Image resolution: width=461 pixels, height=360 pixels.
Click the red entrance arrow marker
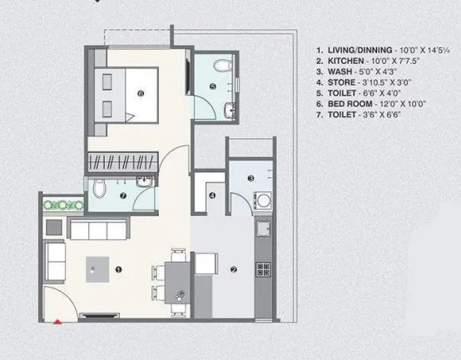click(57, 320)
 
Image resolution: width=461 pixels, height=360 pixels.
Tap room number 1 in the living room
click(119, 269)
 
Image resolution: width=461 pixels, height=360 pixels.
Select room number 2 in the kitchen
click(233, 269)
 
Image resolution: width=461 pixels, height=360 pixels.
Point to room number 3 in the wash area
click(250, 179)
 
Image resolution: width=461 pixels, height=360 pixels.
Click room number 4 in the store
click(212, 196)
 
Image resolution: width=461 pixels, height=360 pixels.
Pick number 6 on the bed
click(141, 94)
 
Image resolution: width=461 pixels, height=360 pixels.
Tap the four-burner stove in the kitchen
click(264, 268)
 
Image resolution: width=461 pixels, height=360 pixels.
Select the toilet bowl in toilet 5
click(219, 67)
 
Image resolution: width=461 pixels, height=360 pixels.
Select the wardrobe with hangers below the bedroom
click(123, 162)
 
